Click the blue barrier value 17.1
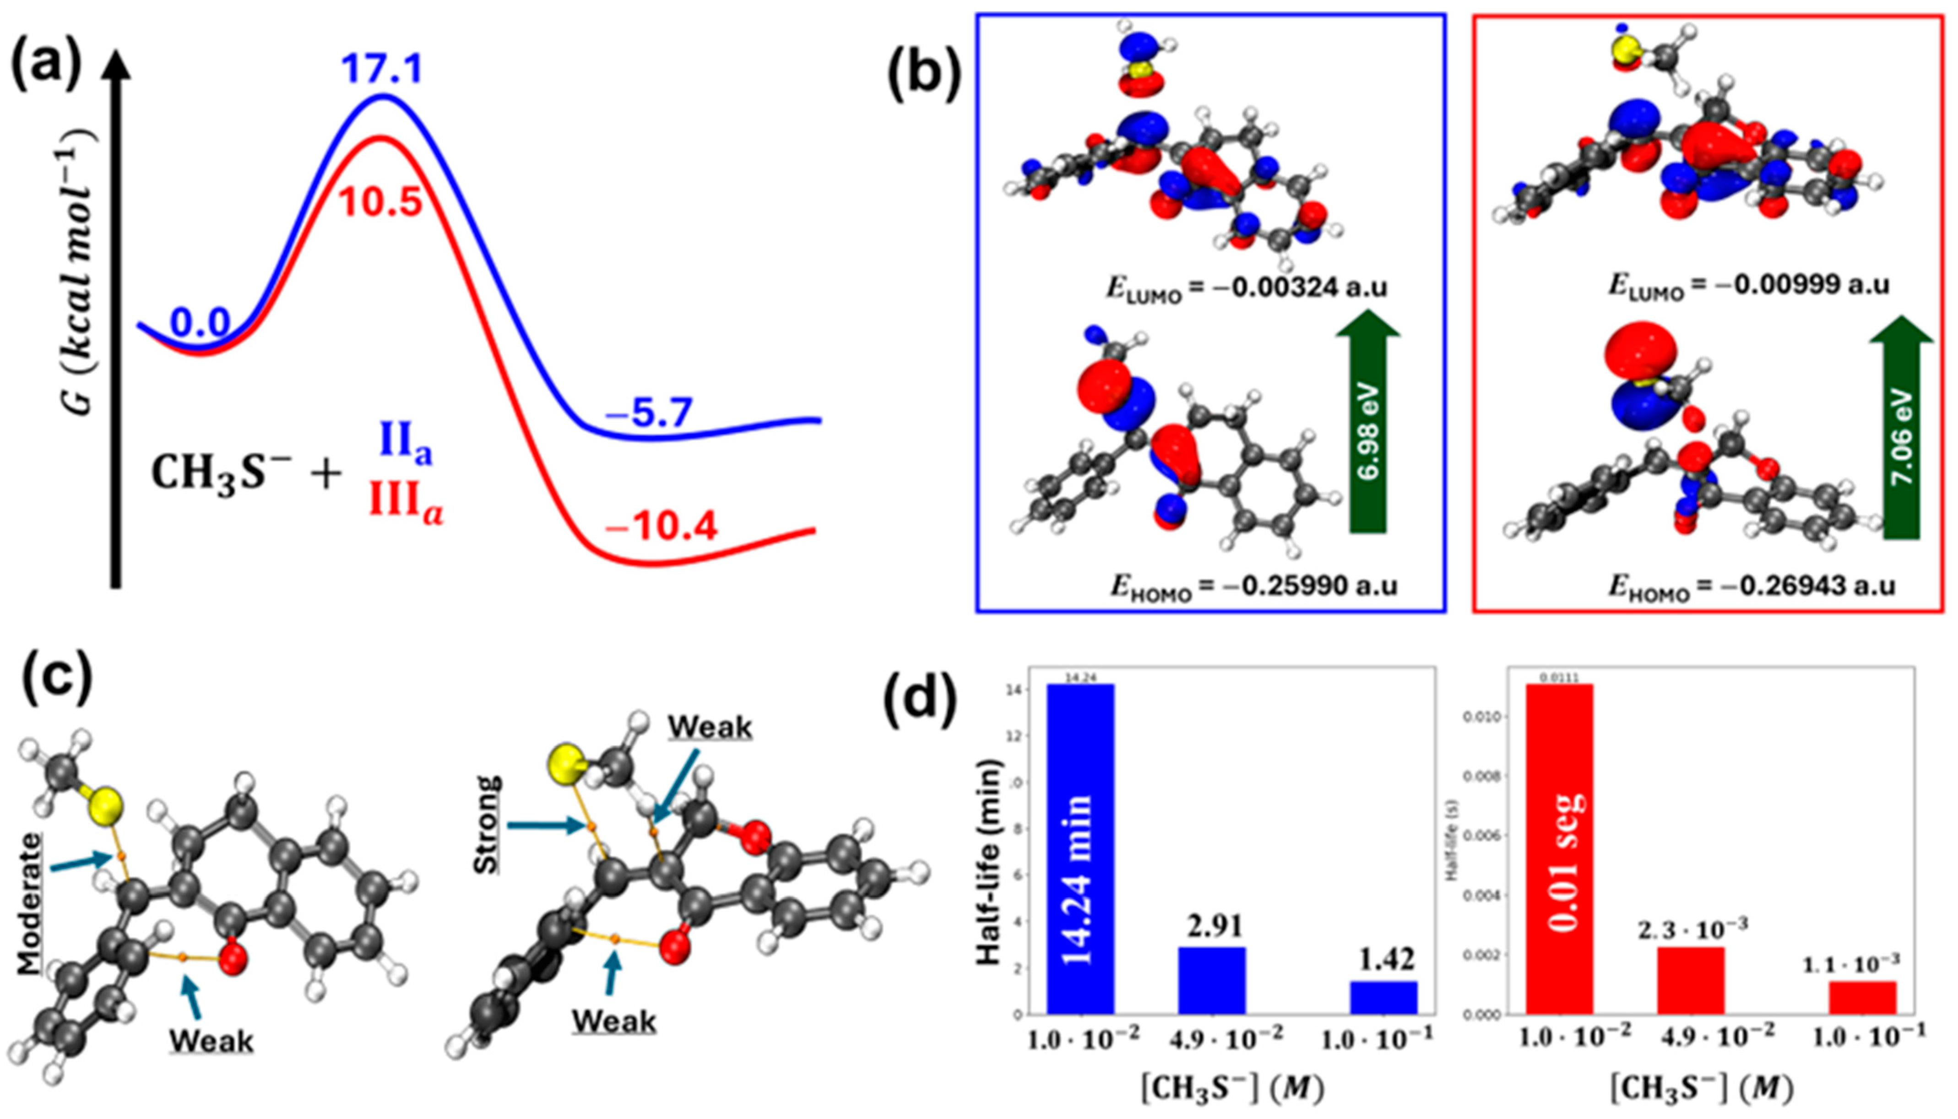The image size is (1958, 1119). [382, 70]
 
